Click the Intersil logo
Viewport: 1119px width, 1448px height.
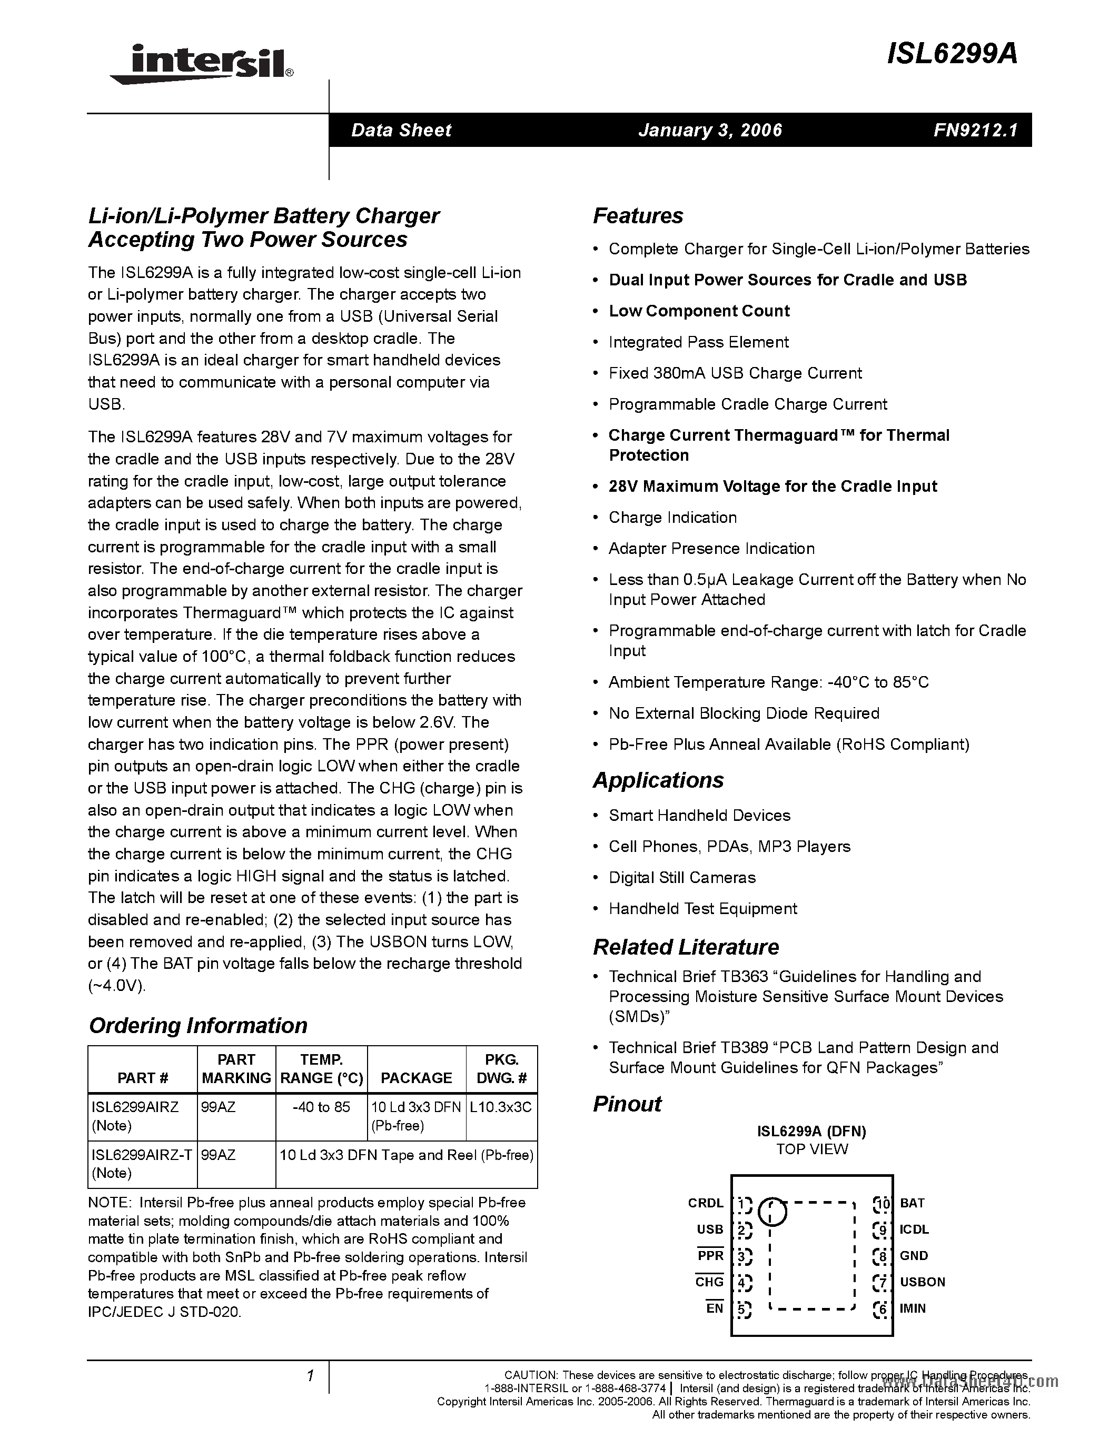[x=202, y=64]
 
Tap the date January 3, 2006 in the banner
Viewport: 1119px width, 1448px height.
[x=710, y=130]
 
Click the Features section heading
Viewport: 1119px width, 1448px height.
[x=637, y=216]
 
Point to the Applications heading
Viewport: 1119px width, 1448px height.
[x=658, y=780]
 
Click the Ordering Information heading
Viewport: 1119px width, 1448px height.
[x=197, y=1025]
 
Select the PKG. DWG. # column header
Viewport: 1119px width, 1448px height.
[x=501, y=1069]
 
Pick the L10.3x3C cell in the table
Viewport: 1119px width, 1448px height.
[x=500, y=1107]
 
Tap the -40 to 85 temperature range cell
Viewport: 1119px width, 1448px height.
[x=322, y=1107]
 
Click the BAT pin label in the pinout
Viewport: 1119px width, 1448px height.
[x=912, y=1203]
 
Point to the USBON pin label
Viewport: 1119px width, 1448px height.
[x=922, y=1282]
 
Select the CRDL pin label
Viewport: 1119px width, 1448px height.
[x=705, y=1203]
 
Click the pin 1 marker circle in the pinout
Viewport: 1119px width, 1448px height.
[x=771, y=1211]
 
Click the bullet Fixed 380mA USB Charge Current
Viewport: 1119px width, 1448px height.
[x=735, y=373]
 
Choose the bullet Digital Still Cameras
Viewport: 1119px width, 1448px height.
[x=681, y=878]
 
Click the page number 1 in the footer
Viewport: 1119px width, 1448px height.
[x=310, y=1376]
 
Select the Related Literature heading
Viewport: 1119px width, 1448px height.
[x=686, y=947]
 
